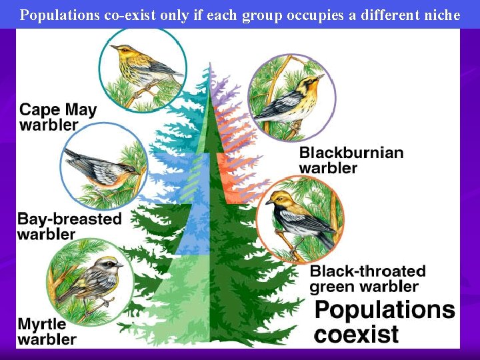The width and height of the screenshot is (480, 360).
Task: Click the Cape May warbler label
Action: pyautogui.click(x=58, y=117)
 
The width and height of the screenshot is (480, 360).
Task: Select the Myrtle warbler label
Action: pyautogui.click(x=47, y=332)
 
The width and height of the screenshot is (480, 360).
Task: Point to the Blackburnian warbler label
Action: pyautogui.click(x=351, y=160)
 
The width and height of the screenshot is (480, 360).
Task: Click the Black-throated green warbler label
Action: pyautogui.click(x=367, y=279)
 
